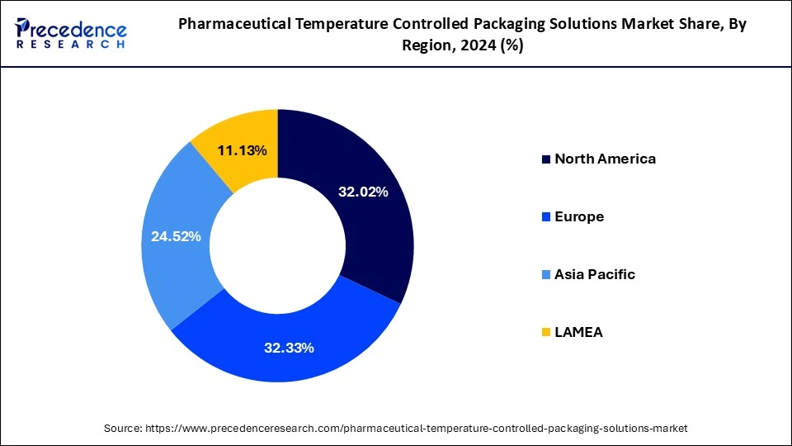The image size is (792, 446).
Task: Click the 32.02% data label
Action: (x=363, y=192)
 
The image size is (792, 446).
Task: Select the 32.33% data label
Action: (x=289, y=348)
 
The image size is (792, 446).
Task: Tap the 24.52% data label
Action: (x=176, y=236)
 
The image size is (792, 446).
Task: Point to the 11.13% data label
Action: (x=242, y=150)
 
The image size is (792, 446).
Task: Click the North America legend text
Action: (x=605, y=159)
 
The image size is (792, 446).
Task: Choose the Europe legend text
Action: (x=579, y=216)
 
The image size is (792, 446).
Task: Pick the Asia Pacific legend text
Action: (x=595, y=274)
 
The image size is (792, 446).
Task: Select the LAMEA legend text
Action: (x=578, y=332)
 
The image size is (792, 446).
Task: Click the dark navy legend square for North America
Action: (x=545, y=159)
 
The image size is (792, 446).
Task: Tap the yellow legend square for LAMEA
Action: (x=545, y=333)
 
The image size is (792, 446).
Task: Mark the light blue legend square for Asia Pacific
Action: (x=545, y=275)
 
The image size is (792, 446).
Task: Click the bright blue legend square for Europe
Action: (x=545, y=217)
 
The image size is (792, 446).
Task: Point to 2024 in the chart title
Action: (x=473, y=47)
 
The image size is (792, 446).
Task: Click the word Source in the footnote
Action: (x=122, y=429)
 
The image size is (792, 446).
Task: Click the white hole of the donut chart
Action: (x=277, y=245)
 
